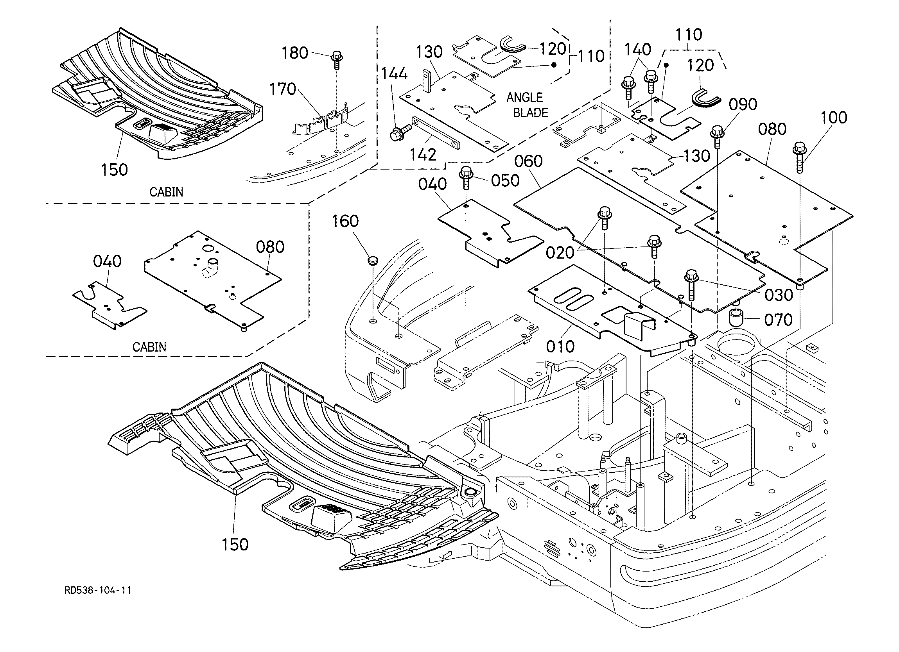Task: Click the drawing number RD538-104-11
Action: (97, 591)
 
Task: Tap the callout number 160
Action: (345, 221)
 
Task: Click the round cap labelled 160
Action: (372, 261)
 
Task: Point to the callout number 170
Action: (283, 89)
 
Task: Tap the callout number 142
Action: (423, 155)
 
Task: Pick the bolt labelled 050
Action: (466, 178)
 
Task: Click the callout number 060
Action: (528, 162)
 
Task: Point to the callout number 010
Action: (560, 347)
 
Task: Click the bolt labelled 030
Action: (691, 285)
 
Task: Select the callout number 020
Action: (560, 253)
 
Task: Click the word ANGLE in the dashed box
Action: (525, 97)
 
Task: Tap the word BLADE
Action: (530, 113)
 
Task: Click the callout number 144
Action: (395, 74)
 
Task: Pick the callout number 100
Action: (834, 118)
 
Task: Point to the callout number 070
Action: (778, 320)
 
